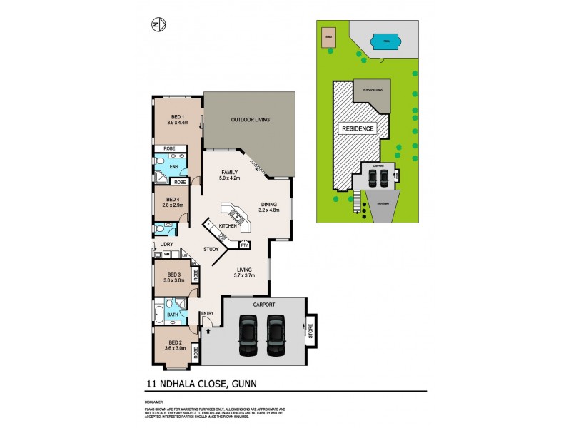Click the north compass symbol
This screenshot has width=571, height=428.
coord(159,26)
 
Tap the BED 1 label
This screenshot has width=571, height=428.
coord(177,116)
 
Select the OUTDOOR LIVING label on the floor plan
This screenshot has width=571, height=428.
coord(250,119)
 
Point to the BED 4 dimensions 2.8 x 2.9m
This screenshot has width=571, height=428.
coord(176,205)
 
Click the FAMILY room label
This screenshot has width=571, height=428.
coord(229,173)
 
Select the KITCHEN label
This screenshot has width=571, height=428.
coord(227,225)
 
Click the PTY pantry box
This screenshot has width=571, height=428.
coord(244,244)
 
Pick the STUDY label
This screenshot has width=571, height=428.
coord(211,249)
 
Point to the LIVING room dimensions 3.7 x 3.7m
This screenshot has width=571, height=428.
coord(246,275)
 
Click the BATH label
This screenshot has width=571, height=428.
coord(172,314)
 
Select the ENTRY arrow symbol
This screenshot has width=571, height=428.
coord(208,330)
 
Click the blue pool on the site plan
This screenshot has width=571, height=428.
coord(385,42)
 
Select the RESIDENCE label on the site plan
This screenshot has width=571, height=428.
coord(358,129)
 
